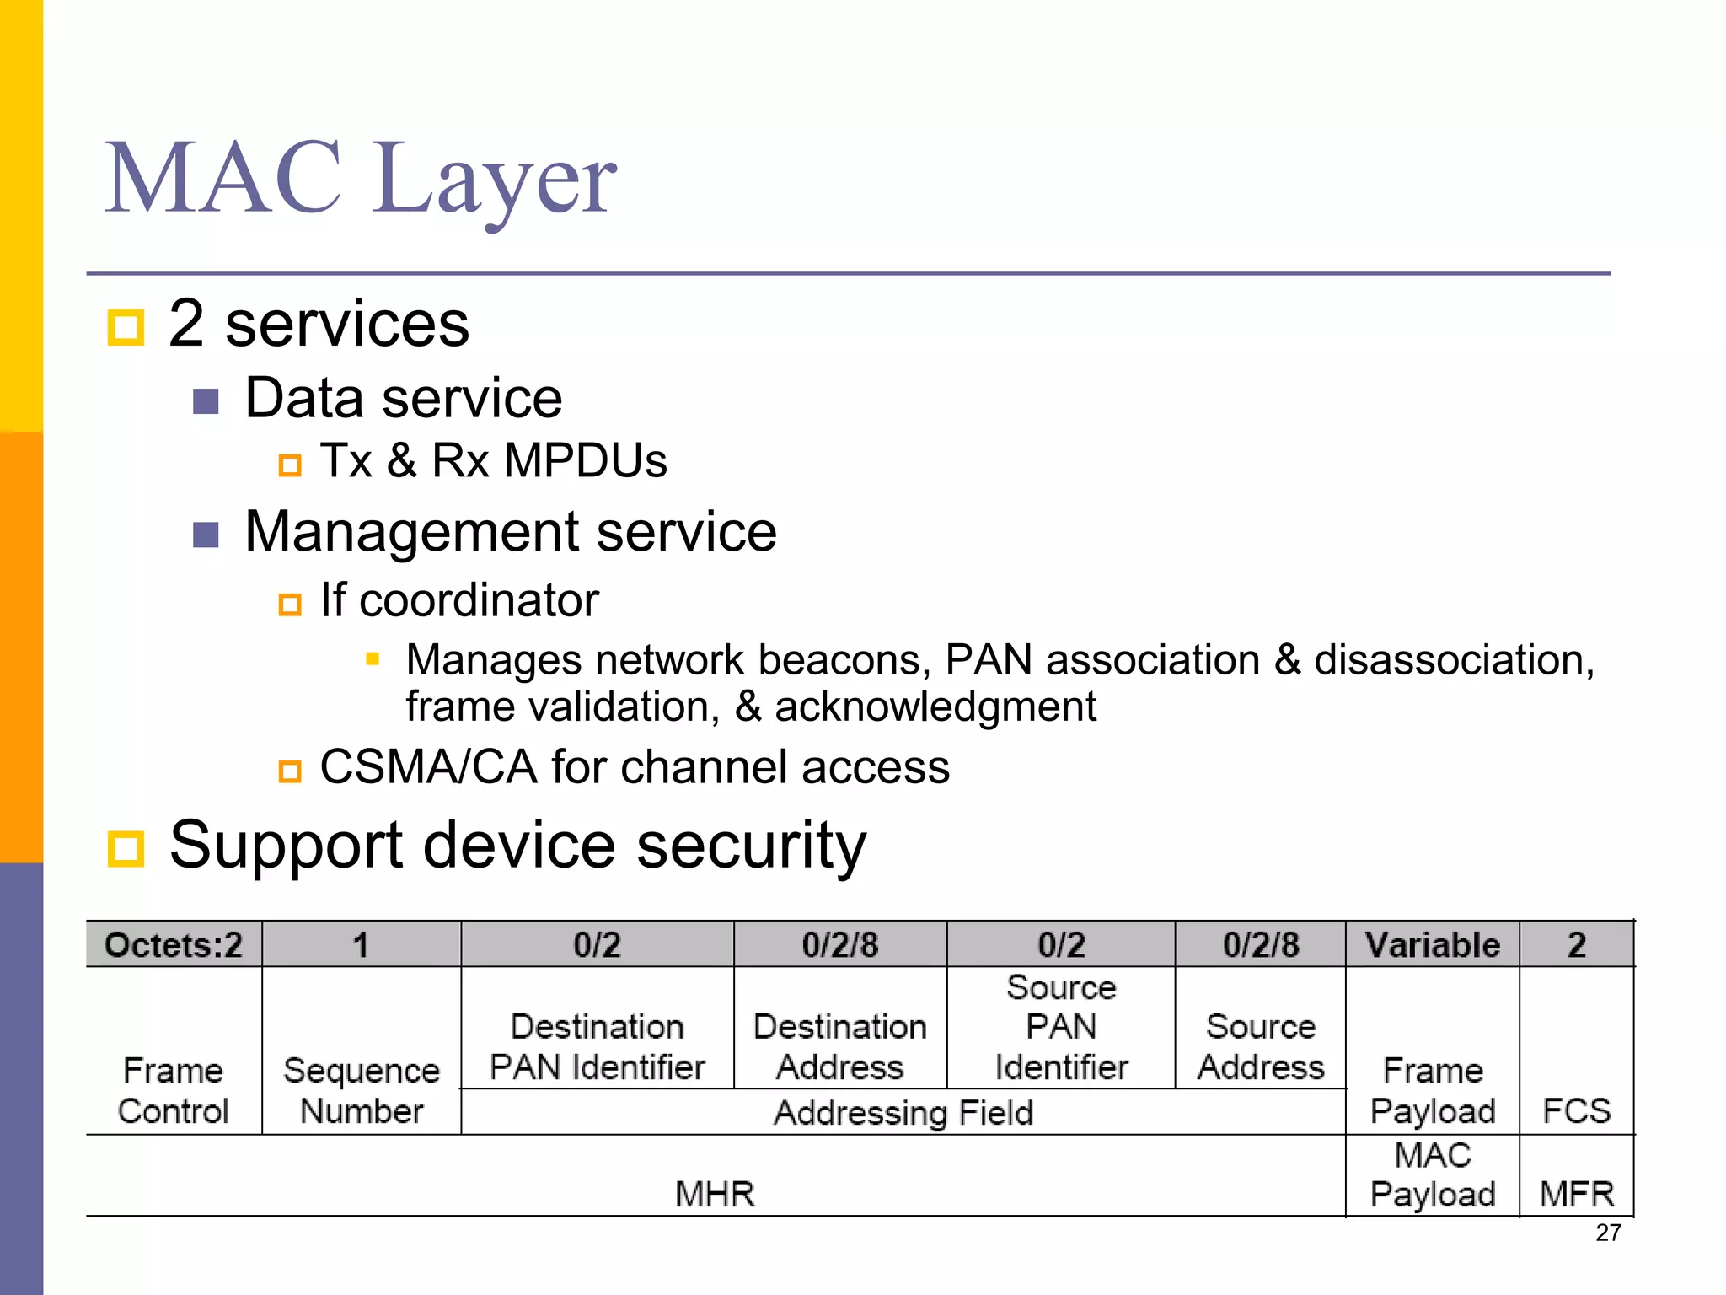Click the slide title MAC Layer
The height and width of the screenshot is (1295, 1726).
(361, 179)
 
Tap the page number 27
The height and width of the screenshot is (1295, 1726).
(1608, 1233)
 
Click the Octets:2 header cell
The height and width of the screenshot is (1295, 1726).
(174, 944)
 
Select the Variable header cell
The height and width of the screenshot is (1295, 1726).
(1433, 944)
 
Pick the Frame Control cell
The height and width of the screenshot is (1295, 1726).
(174, 1090)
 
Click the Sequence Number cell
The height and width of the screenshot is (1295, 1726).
(362, 1090)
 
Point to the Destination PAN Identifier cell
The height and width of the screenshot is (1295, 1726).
(597, 1046)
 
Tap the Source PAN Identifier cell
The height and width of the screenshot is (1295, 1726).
(1061, 1027)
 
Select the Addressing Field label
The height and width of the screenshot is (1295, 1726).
(903, 1112)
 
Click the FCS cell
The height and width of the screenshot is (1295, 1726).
(1576, 1110)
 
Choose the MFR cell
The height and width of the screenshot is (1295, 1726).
(1576, 1194)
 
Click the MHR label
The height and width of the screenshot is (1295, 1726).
(715, 1194)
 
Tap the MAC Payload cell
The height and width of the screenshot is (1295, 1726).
(1433, 1174)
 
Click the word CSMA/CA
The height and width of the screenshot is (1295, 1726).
(428, 767)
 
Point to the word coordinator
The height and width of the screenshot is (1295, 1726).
(479, 600)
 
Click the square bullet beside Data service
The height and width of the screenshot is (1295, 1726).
(206, 401)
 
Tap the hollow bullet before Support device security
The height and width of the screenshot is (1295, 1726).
(126, 847)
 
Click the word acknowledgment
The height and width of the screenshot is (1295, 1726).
(935, 707)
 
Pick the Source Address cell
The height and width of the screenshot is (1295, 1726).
(1261, 1046)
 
